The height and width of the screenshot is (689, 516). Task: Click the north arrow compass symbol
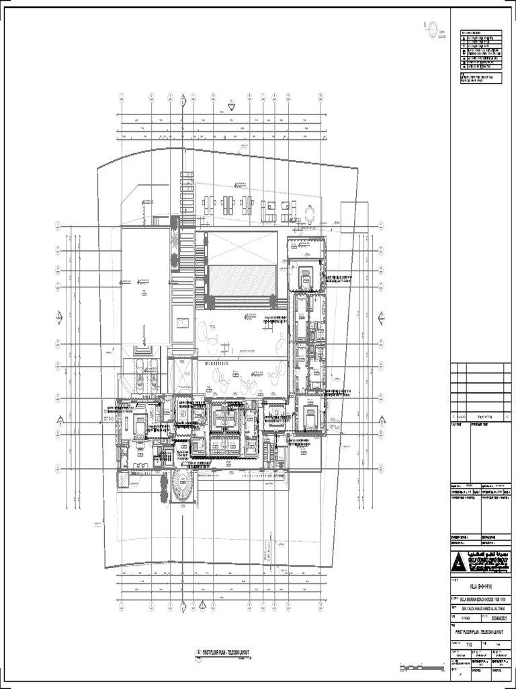coord(433,29)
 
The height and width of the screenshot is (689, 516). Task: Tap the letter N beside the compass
coord(425,26)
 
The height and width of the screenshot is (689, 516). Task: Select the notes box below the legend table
coord(480,79)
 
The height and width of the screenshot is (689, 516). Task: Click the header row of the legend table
coord(480,32)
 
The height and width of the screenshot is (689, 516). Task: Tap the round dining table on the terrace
coord(310,214)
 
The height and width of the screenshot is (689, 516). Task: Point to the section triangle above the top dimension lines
coord(230,105)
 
